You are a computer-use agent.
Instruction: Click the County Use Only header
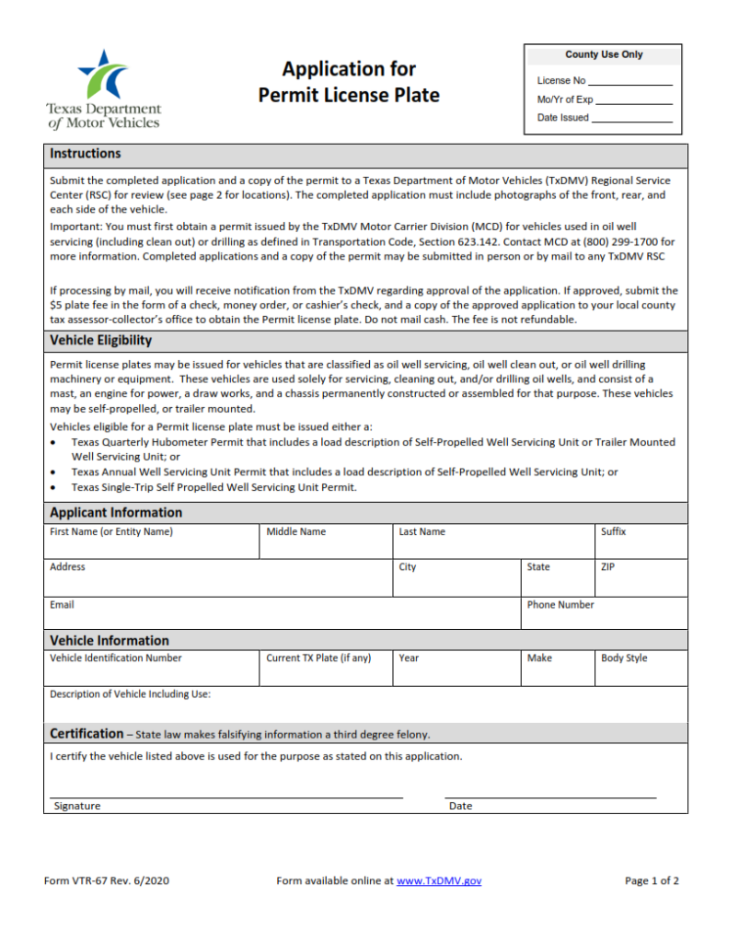tap(604, 55)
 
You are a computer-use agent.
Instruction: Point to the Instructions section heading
tap(86, 154)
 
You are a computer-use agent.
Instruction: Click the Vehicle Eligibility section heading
tap(101, 341)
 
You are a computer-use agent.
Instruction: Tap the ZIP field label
tap(607, 567)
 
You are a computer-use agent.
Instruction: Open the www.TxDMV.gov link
tap(439, 881)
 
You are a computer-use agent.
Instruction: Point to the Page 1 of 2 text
tap(652, 881)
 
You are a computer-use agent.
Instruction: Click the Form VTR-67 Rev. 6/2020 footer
tap(107, 881)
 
